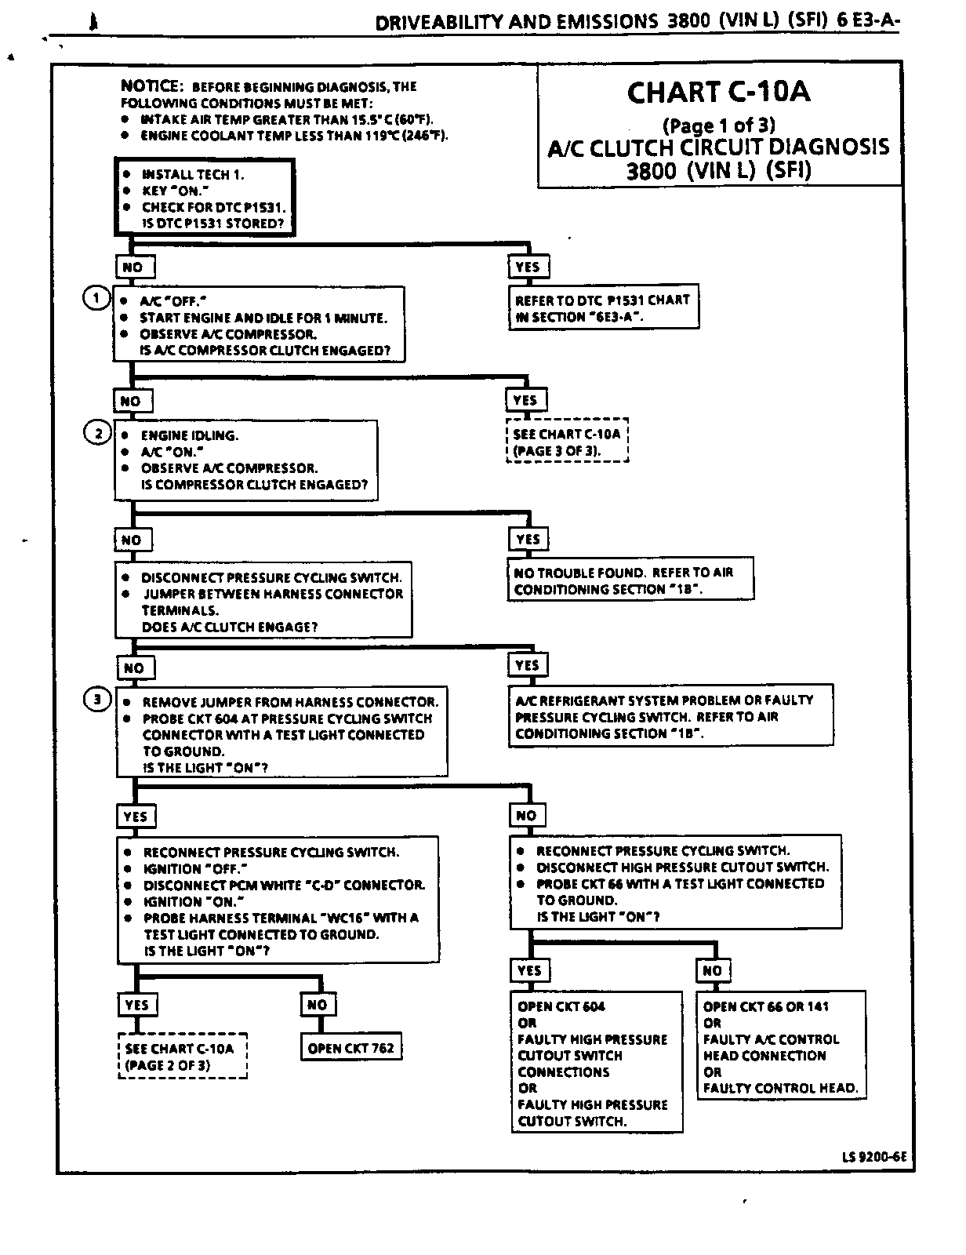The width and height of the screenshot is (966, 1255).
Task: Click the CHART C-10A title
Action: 718,93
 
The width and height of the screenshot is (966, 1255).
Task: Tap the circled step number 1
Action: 96,298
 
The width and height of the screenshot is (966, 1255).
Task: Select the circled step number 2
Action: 98,433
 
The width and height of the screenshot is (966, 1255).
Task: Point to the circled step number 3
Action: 97,700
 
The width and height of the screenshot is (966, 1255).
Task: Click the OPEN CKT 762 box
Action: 350,1048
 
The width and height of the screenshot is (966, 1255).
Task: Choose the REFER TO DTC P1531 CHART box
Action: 602,308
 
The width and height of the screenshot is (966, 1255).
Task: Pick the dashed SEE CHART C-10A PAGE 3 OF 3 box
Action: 567,442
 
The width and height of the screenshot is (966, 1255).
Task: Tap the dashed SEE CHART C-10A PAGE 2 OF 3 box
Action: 183,1057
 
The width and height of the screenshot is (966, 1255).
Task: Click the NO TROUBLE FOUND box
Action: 630,580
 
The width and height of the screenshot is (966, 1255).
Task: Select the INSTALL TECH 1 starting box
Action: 205,198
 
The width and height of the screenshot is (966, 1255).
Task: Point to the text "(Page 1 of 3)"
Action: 718,125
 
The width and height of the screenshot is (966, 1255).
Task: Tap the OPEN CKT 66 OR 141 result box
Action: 781,1046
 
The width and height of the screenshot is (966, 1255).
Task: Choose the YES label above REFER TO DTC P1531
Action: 527,267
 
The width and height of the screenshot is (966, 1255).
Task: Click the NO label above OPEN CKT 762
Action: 317,1005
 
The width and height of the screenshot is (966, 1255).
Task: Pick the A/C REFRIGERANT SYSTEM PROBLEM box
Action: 670,717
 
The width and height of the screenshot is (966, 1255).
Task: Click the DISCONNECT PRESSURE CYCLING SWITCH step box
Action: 263,602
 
